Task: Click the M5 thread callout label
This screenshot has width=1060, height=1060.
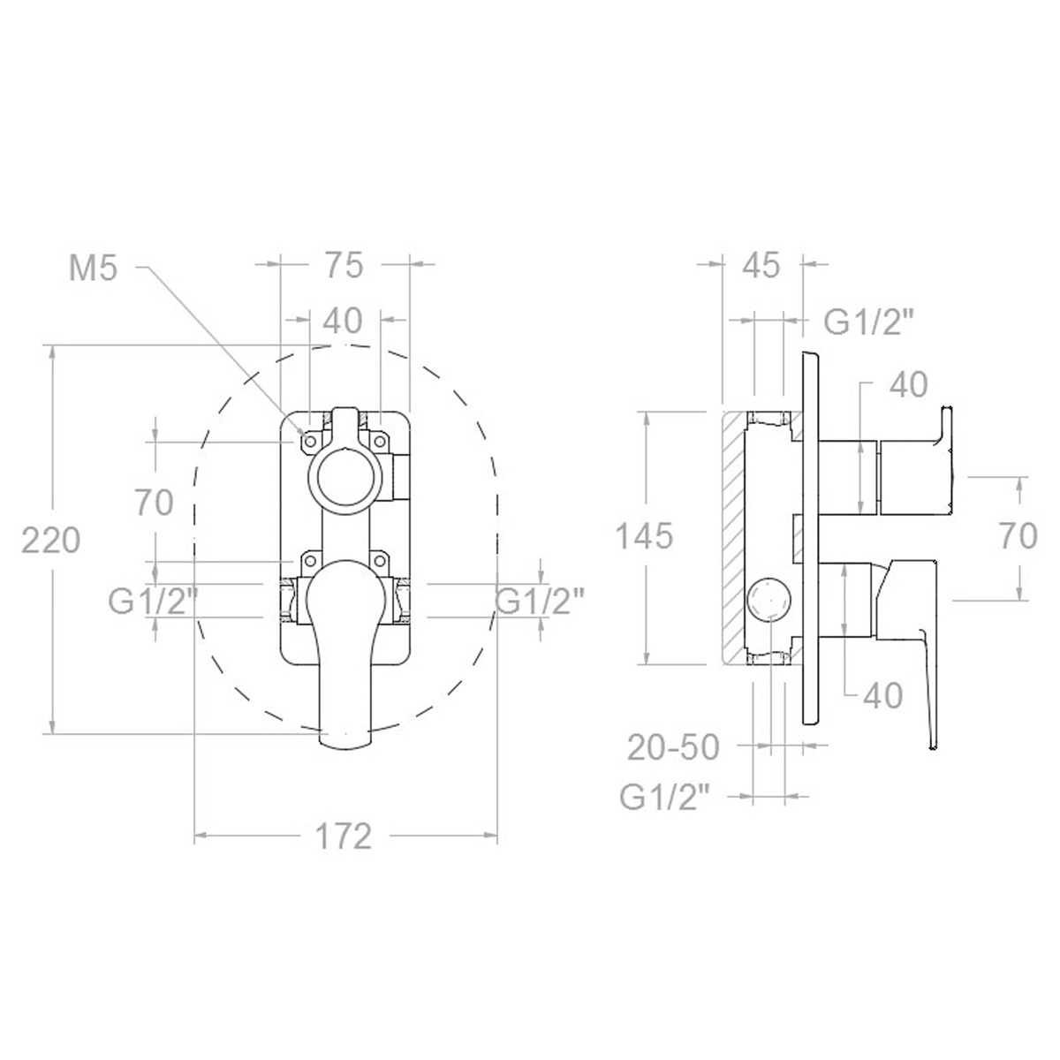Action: [x=93, y=268]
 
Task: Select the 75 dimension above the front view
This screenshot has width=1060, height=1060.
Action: [x=344, y=265]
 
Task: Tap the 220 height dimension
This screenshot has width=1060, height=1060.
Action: [x=51, y=540]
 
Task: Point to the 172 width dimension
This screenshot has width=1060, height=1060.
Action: [x=344, y=835]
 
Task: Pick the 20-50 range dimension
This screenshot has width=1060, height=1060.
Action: [x=673, y=747]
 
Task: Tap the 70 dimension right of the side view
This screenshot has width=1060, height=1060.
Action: [x=1019, y=536]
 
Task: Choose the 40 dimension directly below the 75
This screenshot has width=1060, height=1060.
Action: [x=344, y=321]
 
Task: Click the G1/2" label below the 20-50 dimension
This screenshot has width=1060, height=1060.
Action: [x=664, y=798]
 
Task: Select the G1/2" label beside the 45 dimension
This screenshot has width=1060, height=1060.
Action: [x=868, y=322]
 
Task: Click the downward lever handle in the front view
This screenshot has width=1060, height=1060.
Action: [x=344, y=671]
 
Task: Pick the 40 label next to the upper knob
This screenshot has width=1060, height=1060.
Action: [x=908, y=384]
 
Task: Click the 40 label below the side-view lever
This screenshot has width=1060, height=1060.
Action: [x=882, y=695]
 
